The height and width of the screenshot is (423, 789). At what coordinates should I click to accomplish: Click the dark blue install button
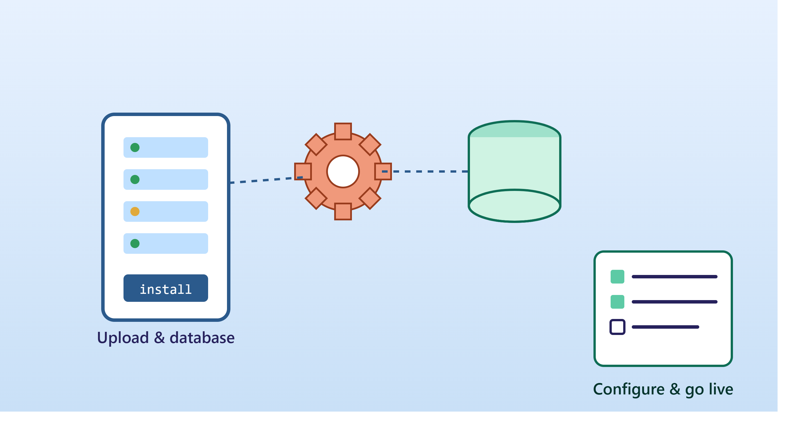click(x=166, y=288)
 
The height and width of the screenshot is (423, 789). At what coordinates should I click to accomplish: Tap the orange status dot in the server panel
click(x=135, y=211)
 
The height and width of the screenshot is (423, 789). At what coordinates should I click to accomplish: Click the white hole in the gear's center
click(x=343, y=171)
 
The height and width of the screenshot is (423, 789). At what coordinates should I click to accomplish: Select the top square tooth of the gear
click(x=343, y=131)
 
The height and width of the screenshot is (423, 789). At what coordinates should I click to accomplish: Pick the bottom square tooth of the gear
click(x=343, y=211)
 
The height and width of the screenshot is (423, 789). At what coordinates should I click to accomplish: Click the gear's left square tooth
click(x=303, y=171)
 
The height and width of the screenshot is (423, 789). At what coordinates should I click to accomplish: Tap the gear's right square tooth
click(x=383, y=171)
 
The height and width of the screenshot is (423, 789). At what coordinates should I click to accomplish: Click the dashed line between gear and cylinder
click(x=425, y=171)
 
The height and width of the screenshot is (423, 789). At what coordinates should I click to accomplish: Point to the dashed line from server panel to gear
click(x=266, y=180)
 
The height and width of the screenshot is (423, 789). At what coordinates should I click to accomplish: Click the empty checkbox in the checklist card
click(x=617, y=327)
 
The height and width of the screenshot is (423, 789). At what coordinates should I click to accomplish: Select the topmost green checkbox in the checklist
click(x=617, y=277)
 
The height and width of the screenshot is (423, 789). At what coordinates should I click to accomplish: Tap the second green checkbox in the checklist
click(x=617, y=302)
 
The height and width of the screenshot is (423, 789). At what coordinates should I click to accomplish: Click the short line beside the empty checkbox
click(x=666, y=327)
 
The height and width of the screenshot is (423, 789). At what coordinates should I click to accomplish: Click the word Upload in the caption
click(x=123, y=338)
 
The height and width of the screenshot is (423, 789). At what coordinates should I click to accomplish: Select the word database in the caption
click(x=202, y=338)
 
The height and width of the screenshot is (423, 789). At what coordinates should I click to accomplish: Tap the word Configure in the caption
click(x=629, y=390)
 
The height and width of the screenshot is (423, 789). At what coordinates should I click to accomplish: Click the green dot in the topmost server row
click(x=135, y=147)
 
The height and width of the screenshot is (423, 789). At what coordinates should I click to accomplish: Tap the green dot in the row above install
click(x=135, y=244)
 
